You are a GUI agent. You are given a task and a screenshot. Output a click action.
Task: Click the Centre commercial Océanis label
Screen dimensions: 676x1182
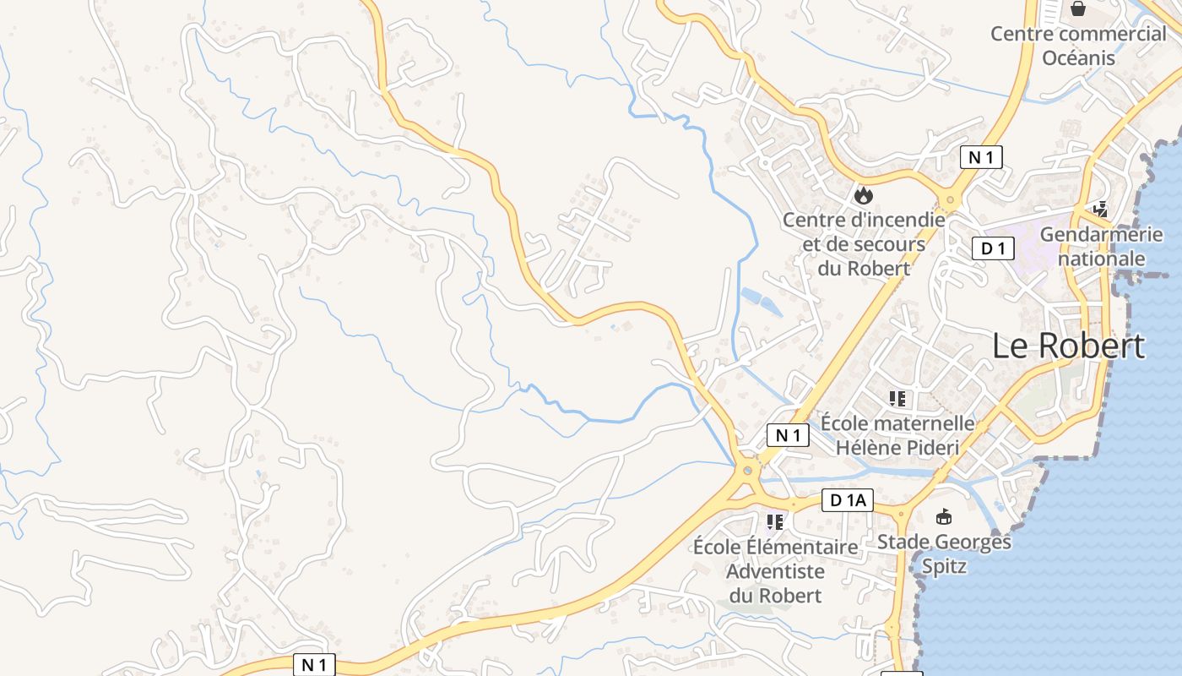(1078, 46)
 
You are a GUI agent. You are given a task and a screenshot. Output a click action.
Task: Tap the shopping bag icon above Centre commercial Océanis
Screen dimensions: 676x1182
(1078, 9)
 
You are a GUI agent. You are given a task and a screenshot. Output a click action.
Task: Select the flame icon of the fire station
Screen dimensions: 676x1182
(863, 196)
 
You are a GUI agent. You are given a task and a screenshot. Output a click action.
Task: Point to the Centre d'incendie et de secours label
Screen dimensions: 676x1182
(863, 244)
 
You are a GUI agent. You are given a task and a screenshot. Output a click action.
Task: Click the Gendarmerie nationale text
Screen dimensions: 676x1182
(1101, 246)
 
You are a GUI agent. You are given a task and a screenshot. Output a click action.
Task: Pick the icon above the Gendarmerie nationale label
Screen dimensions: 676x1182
(1099, 208)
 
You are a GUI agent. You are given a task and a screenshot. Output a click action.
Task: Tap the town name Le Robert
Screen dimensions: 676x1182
(1068, 346)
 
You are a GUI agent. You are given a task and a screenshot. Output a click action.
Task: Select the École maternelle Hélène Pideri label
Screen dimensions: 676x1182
(897, 434)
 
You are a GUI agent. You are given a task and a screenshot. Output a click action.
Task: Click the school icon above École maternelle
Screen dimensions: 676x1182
(897, 398)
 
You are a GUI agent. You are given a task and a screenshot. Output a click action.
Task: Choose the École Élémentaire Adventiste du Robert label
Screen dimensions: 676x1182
(775, 571)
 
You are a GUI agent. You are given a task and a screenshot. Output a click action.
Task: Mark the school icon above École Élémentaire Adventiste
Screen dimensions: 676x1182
(774, 521)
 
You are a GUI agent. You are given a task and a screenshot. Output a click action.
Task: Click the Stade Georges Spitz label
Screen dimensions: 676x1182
(944, 553)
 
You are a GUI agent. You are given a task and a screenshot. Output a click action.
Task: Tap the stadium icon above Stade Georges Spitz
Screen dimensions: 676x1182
(944, 516)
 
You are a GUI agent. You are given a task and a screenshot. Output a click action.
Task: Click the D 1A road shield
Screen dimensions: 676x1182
(847, 501)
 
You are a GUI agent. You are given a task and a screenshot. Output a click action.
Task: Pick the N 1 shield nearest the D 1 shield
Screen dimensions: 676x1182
(981, 156)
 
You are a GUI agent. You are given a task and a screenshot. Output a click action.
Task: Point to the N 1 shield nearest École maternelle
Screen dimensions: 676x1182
(788, 435)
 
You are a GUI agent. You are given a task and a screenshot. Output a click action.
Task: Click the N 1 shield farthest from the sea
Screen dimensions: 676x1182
(314, 664)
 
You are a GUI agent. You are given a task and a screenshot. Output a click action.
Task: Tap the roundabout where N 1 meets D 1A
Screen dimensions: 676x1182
(747, 471)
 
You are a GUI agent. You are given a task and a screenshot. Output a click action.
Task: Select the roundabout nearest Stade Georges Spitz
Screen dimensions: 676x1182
(900, 511)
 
